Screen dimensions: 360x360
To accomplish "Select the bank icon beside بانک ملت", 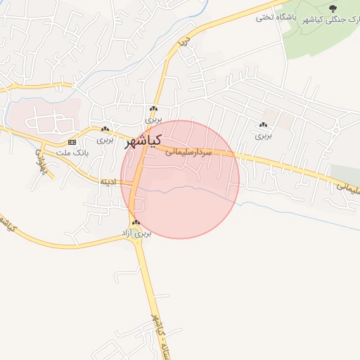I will (72, 142).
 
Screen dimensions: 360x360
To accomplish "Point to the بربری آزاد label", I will (139, 232).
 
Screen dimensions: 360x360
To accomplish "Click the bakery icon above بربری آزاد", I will (136, 222).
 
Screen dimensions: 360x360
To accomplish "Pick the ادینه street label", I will (108, 181).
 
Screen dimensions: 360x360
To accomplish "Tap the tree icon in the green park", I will (332, 8).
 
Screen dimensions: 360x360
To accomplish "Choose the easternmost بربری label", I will (263, 134).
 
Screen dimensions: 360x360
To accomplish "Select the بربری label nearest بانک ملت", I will (105, 139).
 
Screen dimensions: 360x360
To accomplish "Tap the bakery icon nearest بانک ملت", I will (105, 129).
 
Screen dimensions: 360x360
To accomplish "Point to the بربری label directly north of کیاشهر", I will (154, 119).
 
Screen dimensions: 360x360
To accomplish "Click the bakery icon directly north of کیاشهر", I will (153, 109).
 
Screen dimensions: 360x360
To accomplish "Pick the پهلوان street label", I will (39, 163).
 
